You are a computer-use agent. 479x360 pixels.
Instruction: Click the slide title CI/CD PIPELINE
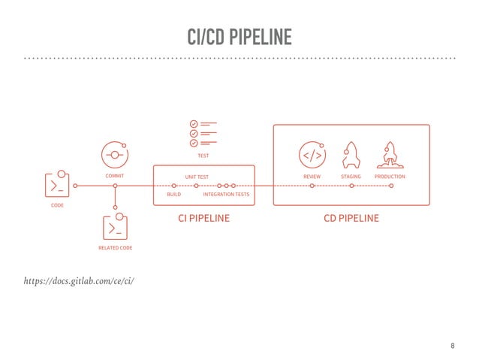click(239, 36)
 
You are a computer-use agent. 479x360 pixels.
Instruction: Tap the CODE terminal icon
click(58, 185)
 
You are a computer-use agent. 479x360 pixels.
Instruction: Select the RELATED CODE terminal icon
click(115, 228)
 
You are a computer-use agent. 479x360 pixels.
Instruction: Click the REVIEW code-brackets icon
click(312, 156)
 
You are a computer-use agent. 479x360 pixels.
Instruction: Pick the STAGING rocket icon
click(351, 155)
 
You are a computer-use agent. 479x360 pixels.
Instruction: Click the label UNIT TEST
click(197, 177)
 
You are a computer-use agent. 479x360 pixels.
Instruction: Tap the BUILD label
click(174, 195)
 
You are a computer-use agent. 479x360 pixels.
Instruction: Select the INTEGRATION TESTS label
click(226, 195)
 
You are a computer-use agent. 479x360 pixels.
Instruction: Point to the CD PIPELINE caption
click(351, 219)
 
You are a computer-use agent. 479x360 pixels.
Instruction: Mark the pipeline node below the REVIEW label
click(312, 185)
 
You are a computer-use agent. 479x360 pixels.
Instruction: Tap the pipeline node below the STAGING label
click(351, 185)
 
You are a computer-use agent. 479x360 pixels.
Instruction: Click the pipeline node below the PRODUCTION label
click(391, 185)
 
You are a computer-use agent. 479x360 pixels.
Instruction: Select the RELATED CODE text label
click(115, 247)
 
